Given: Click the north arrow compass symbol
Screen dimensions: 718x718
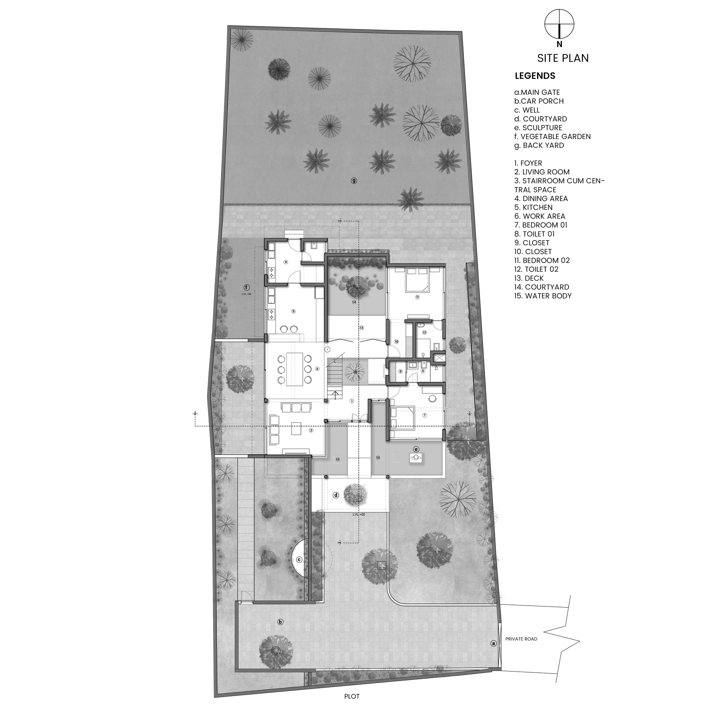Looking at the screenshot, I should coord(559,24).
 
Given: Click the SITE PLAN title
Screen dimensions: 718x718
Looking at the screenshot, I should coord(563,59).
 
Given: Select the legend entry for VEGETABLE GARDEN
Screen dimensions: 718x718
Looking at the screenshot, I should coord(552,137).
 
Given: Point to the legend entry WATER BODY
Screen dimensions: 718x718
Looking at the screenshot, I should coord(543,296).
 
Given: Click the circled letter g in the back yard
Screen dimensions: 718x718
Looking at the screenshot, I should coord(354,181).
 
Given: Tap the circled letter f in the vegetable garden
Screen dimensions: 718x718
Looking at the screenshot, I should coord(246,287).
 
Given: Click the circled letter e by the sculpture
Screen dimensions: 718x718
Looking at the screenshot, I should coord(416,449).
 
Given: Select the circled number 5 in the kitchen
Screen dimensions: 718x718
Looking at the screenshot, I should coord(293,311).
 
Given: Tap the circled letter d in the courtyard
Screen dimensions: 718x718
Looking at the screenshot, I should coord(336,495).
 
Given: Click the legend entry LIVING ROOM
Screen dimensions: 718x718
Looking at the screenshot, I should coord(542,172).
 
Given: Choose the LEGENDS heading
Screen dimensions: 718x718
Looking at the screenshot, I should coord(535,76).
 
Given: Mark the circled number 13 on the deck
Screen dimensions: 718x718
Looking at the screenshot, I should coord(361,328).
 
